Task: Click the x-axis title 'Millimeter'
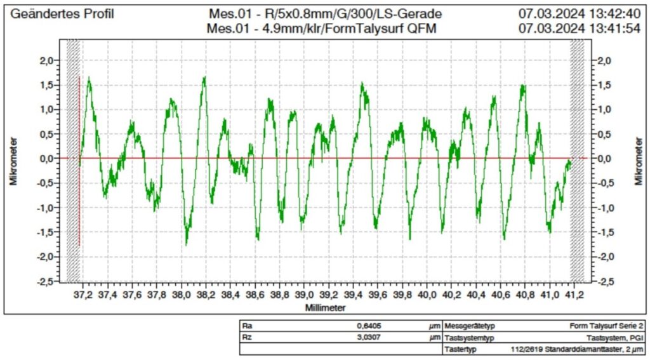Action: pos(325,307)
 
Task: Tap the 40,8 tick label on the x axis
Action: pos(525,295)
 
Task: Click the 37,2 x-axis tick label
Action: pos(83,295)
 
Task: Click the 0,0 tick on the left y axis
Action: pos(48,158)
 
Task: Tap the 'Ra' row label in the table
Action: pos(248,326)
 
